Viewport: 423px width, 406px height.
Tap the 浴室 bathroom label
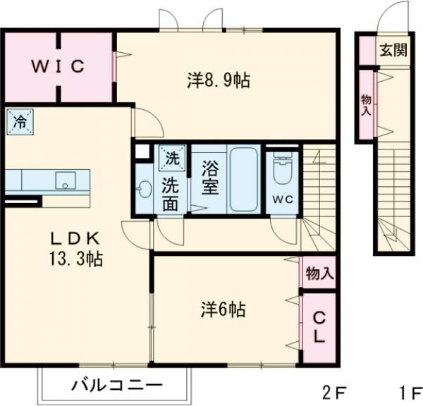pos(210,179)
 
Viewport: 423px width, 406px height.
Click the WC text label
pos(283,198)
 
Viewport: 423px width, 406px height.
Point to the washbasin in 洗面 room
pos(145,189)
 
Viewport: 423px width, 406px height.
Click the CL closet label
pos(319,328)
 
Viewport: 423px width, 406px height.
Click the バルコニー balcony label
pos(117,386)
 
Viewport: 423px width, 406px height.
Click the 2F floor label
pos(336,392)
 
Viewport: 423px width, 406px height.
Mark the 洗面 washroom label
pos(171,195)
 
